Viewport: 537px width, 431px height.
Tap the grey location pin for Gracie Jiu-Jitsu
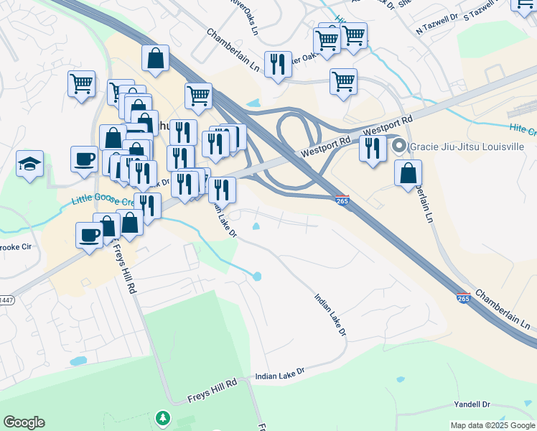click(400, 147)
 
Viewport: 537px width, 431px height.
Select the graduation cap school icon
click(29, 164)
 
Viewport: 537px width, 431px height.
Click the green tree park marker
click(164, 418)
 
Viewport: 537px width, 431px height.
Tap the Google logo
click(24, 422)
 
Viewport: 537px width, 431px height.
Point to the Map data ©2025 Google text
click(492, 425)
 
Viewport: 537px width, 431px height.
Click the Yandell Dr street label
click(472, 405)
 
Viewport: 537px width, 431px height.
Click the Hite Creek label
click(521, 129)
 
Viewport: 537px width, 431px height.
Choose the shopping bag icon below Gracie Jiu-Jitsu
click(408, 173)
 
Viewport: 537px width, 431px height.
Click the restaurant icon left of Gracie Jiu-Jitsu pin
click(373, 149)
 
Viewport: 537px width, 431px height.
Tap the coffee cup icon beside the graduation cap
click(84, 158)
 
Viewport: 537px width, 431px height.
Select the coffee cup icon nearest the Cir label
click(90, 235)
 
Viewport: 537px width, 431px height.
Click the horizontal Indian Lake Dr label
click(281, 374)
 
